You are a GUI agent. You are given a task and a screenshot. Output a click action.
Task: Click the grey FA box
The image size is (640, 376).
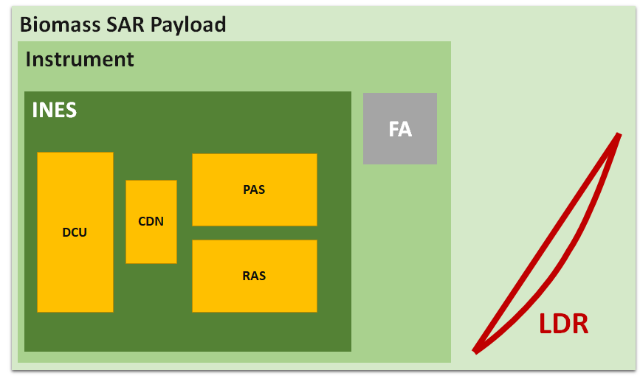point(399,147)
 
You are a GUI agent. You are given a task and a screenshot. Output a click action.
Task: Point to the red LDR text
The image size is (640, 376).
point(563,324)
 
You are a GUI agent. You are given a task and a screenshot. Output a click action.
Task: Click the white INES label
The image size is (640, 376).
point(55,111)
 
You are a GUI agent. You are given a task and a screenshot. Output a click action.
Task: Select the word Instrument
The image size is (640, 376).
point(80,59)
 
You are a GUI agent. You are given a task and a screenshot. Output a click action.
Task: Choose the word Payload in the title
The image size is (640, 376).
point(189,24)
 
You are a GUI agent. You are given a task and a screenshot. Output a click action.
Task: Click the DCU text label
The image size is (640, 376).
point(75,232)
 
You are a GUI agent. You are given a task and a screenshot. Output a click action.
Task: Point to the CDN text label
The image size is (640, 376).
point(151,221)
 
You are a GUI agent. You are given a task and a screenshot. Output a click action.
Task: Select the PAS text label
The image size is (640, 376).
point(254,189)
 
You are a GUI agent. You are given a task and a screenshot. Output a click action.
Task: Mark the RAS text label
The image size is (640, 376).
point(254,276)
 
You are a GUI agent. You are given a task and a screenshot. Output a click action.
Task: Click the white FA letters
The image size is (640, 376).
point(400,129)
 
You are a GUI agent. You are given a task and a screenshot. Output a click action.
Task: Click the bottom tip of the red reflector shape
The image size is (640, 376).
point(476,351)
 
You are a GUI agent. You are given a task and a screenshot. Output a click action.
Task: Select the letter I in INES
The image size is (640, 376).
point(35,111)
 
